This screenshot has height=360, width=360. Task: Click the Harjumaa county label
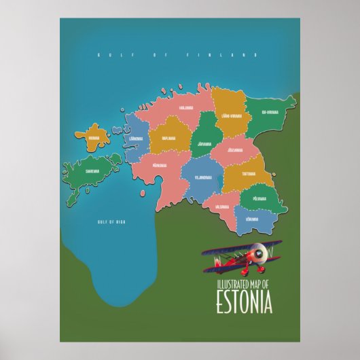coord(187,107)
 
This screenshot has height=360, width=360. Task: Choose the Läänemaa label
coord(136,138)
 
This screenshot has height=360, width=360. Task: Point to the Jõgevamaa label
coord(235,149)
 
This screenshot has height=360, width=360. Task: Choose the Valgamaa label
coord(222,206)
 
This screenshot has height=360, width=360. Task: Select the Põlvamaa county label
coord(259,199)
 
